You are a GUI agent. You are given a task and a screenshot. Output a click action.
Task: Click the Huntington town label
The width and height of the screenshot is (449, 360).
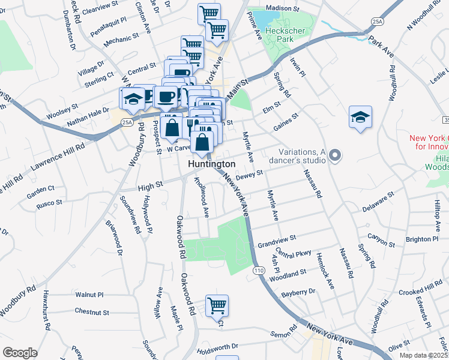click(211, 164)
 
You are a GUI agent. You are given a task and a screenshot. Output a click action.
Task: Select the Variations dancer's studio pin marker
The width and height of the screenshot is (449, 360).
click(336, 156)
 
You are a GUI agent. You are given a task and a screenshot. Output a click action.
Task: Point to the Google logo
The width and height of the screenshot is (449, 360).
click(20, 353)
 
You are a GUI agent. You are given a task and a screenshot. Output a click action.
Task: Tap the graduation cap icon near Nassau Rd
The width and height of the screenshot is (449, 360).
click(360, 117)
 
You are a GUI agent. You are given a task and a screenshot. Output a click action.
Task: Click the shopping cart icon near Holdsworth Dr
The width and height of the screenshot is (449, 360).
click(217, 305)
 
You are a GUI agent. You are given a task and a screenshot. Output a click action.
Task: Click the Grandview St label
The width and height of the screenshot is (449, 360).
click(277, 242)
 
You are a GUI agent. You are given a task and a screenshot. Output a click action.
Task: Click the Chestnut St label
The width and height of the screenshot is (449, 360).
click(92, 312)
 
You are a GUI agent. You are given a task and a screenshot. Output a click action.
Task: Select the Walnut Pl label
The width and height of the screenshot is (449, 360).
click(89, 295)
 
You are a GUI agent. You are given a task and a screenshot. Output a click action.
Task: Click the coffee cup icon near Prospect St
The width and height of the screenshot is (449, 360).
click(165, 96)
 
